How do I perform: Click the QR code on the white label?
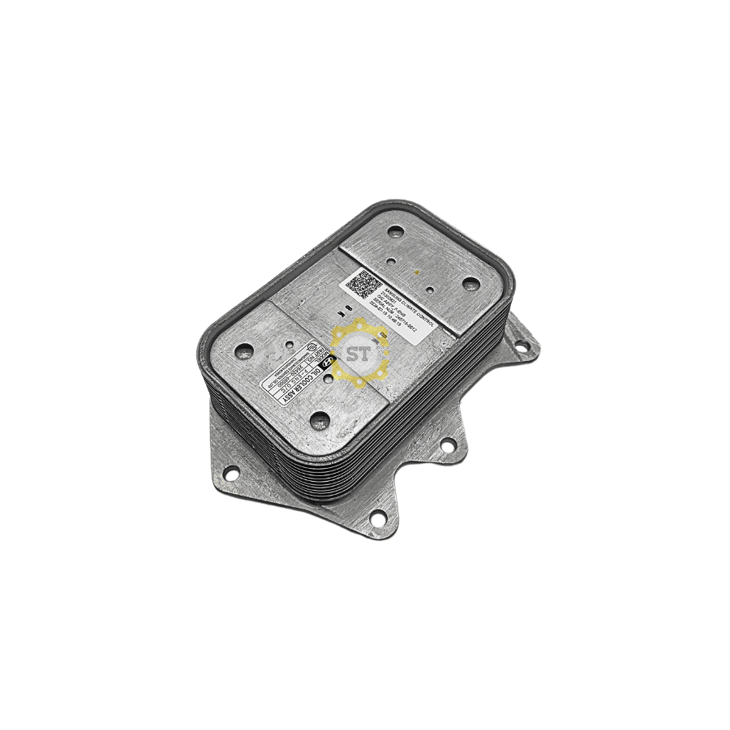363,285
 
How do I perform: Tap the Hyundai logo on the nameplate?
323,367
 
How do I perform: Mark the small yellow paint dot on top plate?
419,271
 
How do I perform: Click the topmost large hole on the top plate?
394,232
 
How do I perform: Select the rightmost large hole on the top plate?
471,283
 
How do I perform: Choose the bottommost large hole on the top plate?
320,420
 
